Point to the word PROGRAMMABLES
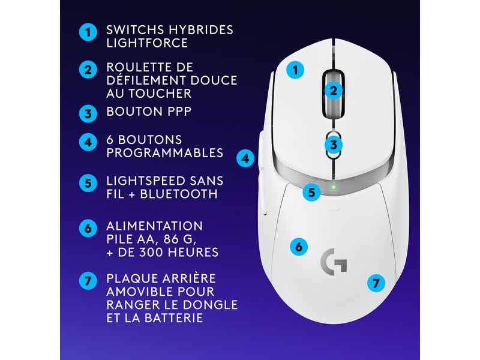click(x=165, y=153)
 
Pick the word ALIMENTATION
click(x=154, y=226)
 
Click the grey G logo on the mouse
click(x=329, y=260)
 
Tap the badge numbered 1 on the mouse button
click(x=294, y=70)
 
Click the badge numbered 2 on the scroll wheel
click(x=334, y=91)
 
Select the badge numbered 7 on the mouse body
click(x=376, y=283)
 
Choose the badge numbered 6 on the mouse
click(x=299, y=246)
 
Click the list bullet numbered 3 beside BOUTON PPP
click(x=88, y=112)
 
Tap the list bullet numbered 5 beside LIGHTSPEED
click(x=88, y=182)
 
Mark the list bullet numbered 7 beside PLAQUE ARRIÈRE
click(x=88, y=280)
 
